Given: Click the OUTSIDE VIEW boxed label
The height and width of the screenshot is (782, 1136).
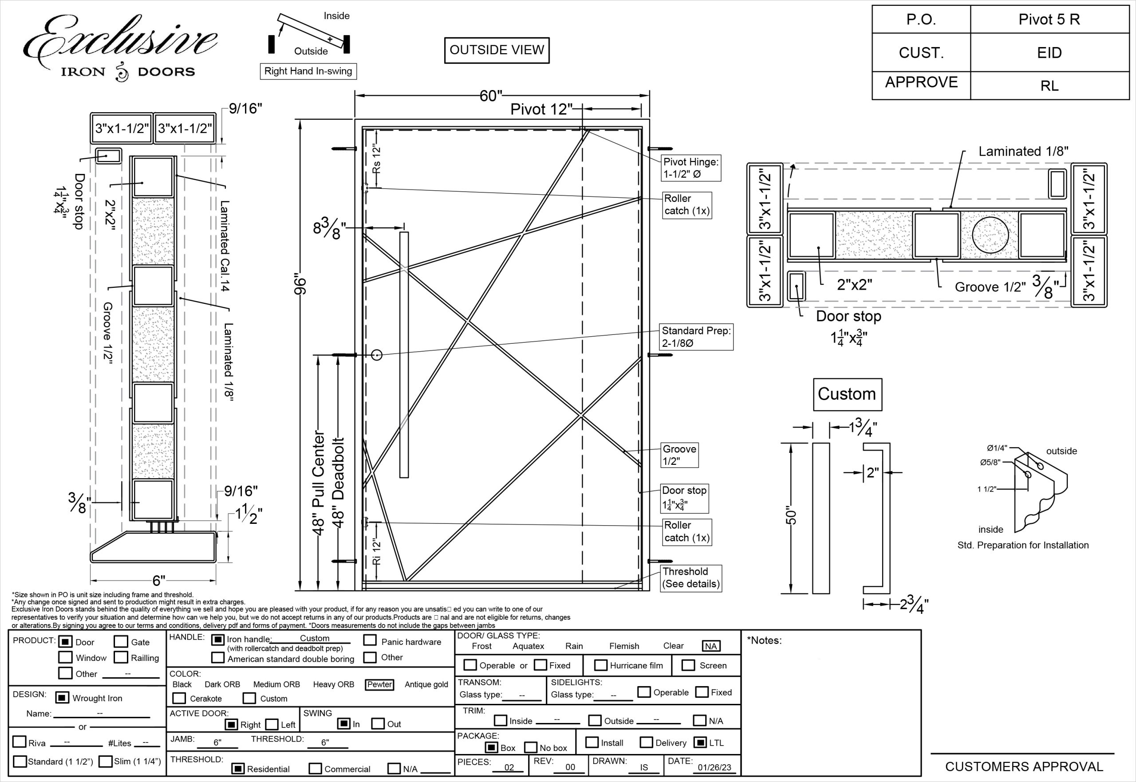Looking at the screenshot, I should pos(497,50).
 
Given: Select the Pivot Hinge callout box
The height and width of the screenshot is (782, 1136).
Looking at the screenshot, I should pos(690,168).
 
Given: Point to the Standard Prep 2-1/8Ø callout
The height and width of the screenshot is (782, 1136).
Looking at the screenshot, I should pos(696,337).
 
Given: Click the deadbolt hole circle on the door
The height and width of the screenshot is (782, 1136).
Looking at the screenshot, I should pos(376,355).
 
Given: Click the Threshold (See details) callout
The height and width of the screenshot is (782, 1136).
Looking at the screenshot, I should pos(690,578).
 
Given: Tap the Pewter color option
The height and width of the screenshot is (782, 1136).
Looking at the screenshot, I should pos(379,684).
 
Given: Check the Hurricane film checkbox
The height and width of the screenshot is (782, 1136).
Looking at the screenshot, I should pos(600,665).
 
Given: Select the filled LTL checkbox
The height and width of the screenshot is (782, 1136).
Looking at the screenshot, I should pos(700,743).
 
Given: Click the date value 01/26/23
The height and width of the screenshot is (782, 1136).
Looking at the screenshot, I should pos(714,767).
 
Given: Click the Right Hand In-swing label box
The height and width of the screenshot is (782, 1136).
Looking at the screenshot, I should pos(308,71).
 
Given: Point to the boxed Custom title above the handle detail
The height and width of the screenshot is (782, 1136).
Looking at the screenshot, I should pos(847,394).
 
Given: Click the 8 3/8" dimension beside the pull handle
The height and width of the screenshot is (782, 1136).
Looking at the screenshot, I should pos(329,228).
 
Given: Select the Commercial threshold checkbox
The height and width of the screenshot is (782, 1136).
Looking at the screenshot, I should pos(315,768).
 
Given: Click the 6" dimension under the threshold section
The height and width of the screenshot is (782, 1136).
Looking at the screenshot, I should pos(158,581).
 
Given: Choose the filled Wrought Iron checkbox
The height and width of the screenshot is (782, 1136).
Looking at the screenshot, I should pos(62,698).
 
